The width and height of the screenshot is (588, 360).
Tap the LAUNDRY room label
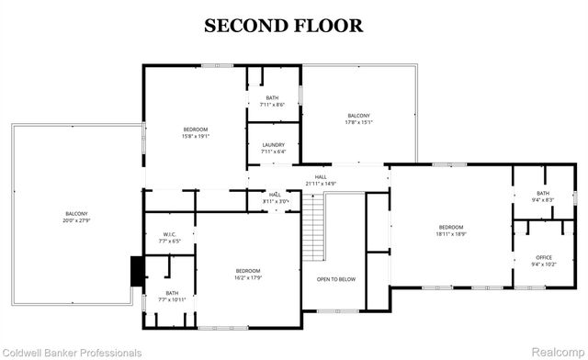[x=273, y=145]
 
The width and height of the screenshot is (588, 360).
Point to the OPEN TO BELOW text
[x=336, y=279]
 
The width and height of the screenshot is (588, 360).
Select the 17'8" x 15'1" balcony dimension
[x=358, y=122]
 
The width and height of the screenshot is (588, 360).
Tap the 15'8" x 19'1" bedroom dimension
[x=195, y=136]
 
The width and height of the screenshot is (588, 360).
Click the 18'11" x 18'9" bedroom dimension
[x=451, y=234]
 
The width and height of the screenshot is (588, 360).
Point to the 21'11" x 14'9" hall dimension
[x=321, y=184]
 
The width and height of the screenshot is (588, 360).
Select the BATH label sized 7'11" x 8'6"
[x=273, y=97]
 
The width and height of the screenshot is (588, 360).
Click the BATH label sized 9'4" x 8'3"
[x=543, y=193]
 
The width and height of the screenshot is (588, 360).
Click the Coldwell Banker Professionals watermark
[x=73, y=352]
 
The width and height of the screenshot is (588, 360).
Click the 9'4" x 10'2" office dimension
[x=543, y=264]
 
